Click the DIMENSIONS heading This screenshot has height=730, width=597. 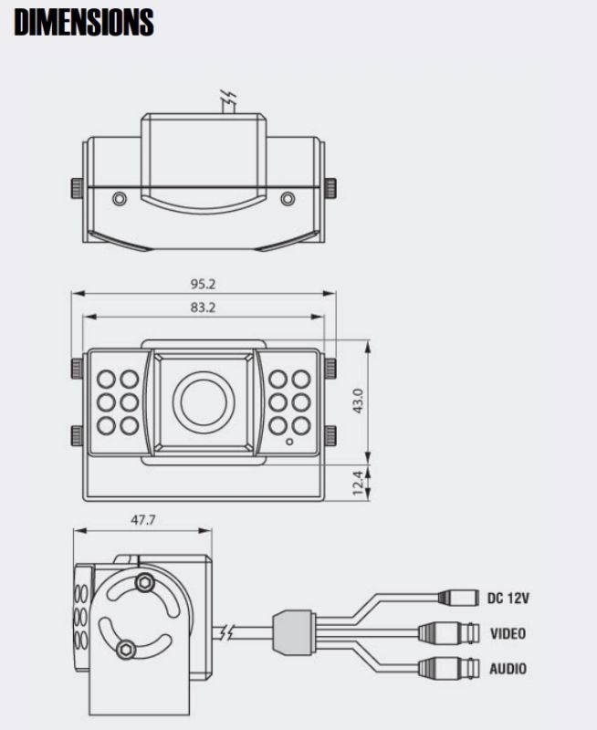84,22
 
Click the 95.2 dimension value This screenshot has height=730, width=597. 203,284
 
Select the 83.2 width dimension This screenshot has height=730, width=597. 203,308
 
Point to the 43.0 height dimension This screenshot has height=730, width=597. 358,401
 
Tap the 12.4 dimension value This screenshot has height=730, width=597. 358,483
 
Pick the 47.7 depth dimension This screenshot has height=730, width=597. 143,519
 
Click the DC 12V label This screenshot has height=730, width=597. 508,598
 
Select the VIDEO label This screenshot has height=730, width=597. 508,633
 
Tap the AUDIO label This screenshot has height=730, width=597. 508,669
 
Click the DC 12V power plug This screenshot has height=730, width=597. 458,598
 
